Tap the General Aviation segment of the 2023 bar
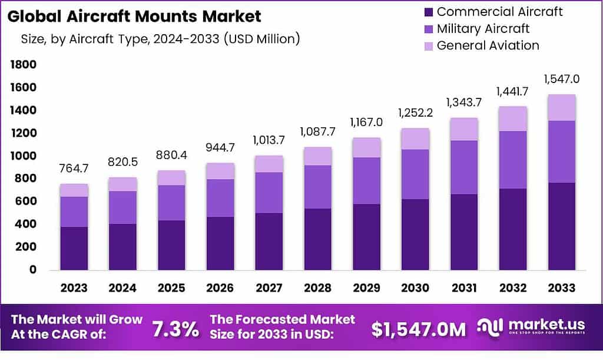[x=74, y=190]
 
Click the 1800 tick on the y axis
[x=24, y=64]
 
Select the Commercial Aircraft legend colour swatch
[x=428, y=12]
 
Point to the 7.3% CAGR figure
[x=175, y=329]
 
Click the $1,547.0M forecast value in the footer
[x=419, y=329]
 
